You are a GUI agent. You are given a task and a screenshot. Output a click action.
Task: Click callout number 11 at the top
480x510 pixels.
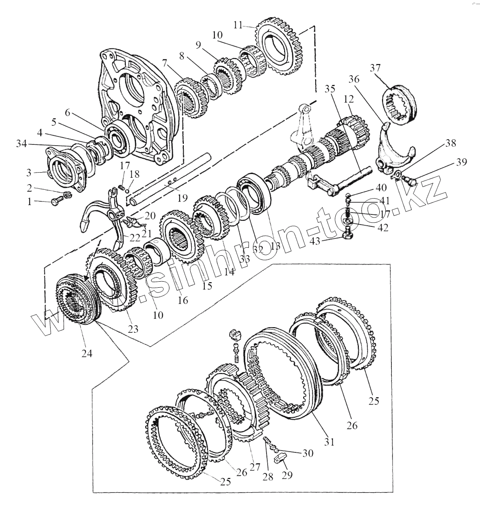click(239, 25)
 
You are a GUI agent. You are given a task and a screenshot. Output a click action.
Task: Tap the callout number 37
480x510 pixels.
click(375, 68)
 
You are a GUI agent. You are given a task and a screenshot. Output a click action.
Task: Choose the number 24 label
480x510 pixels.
click(87, 353)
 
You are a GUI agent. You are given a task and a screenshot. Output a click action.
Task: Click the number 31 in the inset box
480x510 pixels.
click(329, 442)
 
